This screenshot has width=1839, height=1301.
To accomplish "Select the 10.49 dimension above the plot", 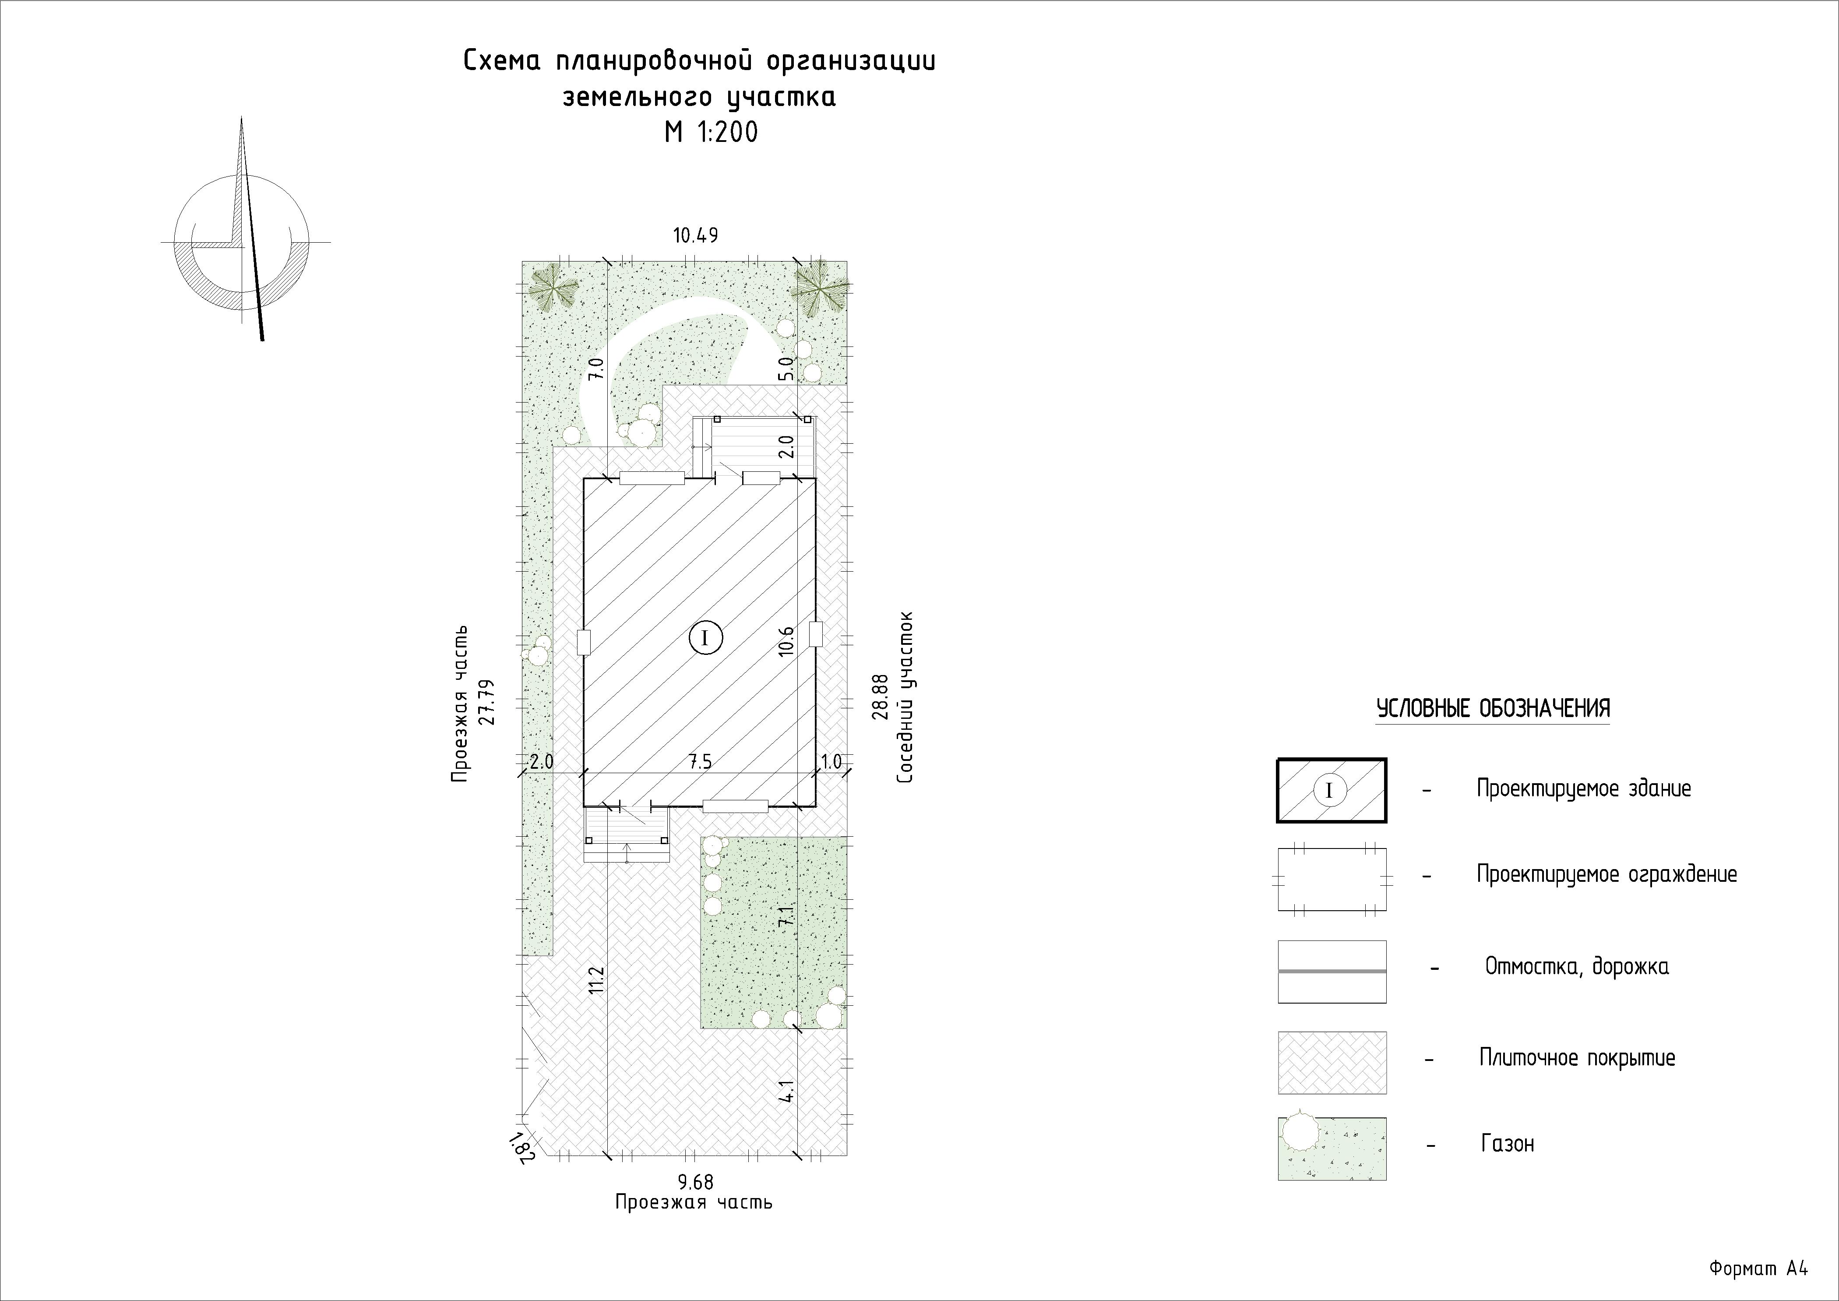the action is pos(695,236).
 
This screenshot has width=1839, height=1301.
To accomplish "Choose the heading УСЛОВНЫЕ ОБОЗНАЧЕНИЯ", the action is pos(1493,709).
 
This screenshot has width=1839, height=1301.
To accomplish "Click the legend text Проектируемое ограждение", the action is pos(1607,874).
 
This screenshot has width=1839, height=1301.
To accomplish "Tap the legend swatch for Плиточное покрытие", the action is pos(1332,1062).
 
